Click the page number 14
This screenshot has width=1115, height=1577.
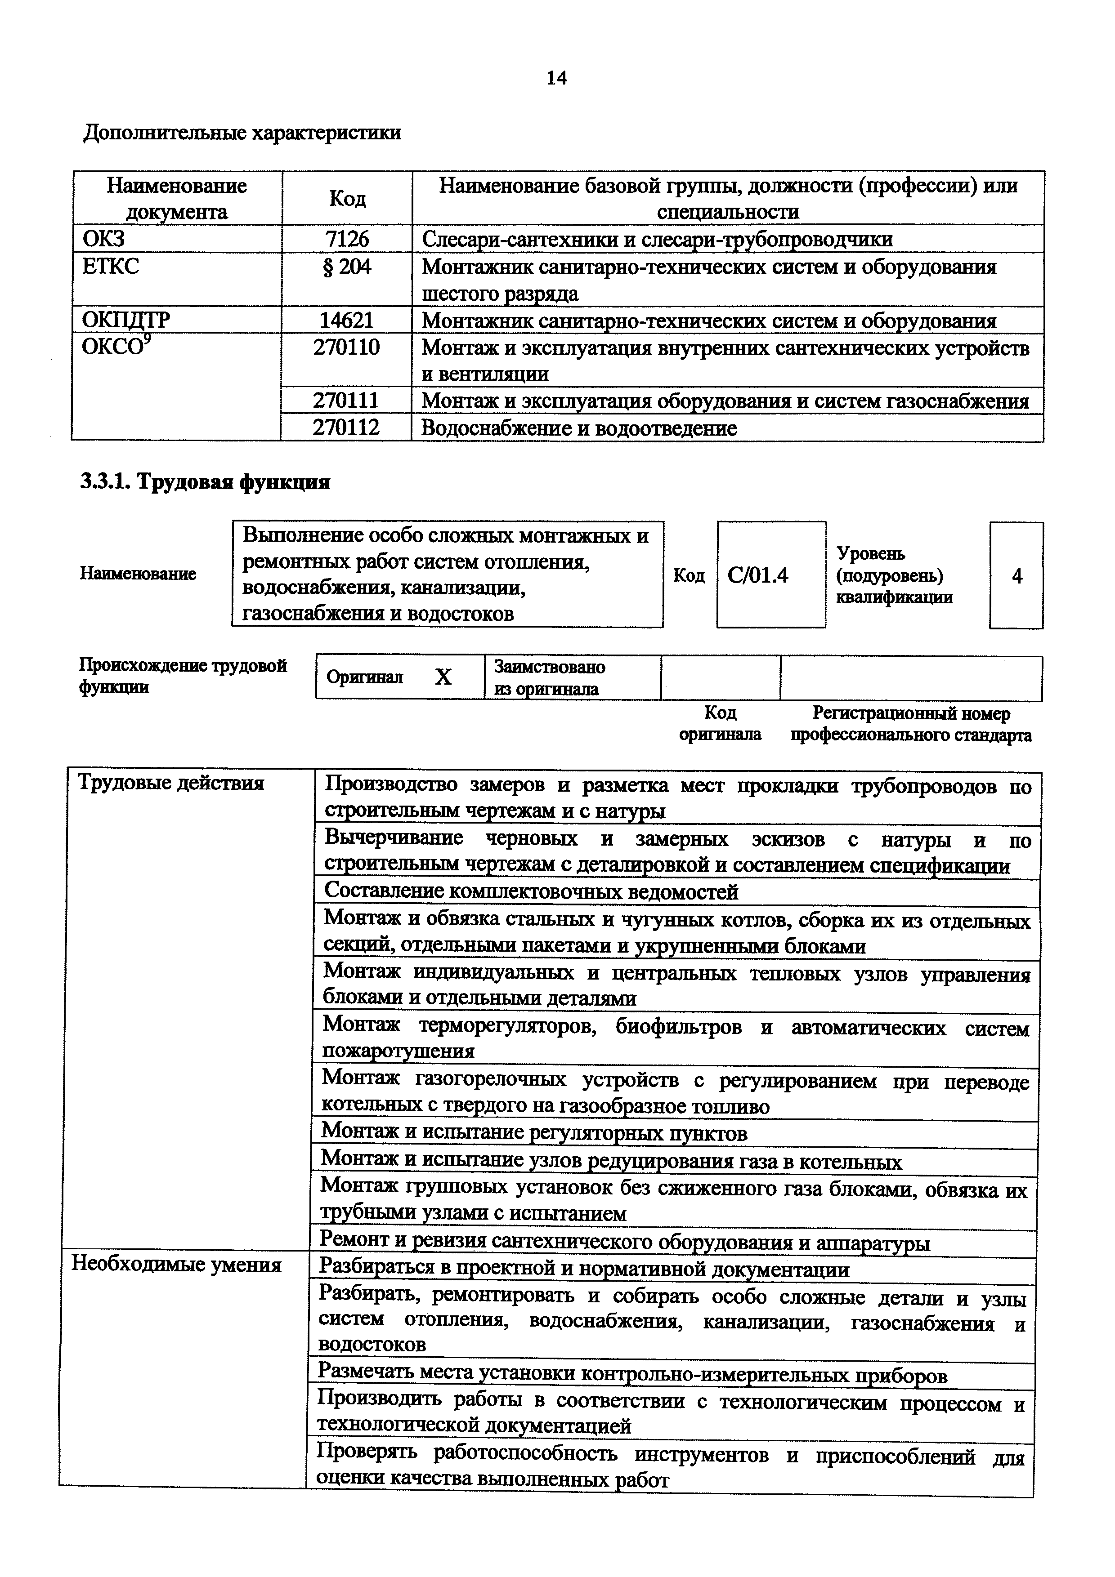tap(556, 78)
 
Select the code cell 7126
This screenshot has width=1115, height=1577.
tap(347, 239)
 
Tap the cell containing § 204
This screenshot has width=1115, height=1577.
tap(347, 267)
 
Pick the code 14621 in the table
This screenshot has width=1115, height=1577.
tap(347, 320)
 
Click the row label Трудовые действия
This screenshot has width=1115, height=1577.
tap(170, 783)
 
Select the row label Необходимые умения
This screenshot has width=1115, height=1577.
tap(177, 1265)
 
